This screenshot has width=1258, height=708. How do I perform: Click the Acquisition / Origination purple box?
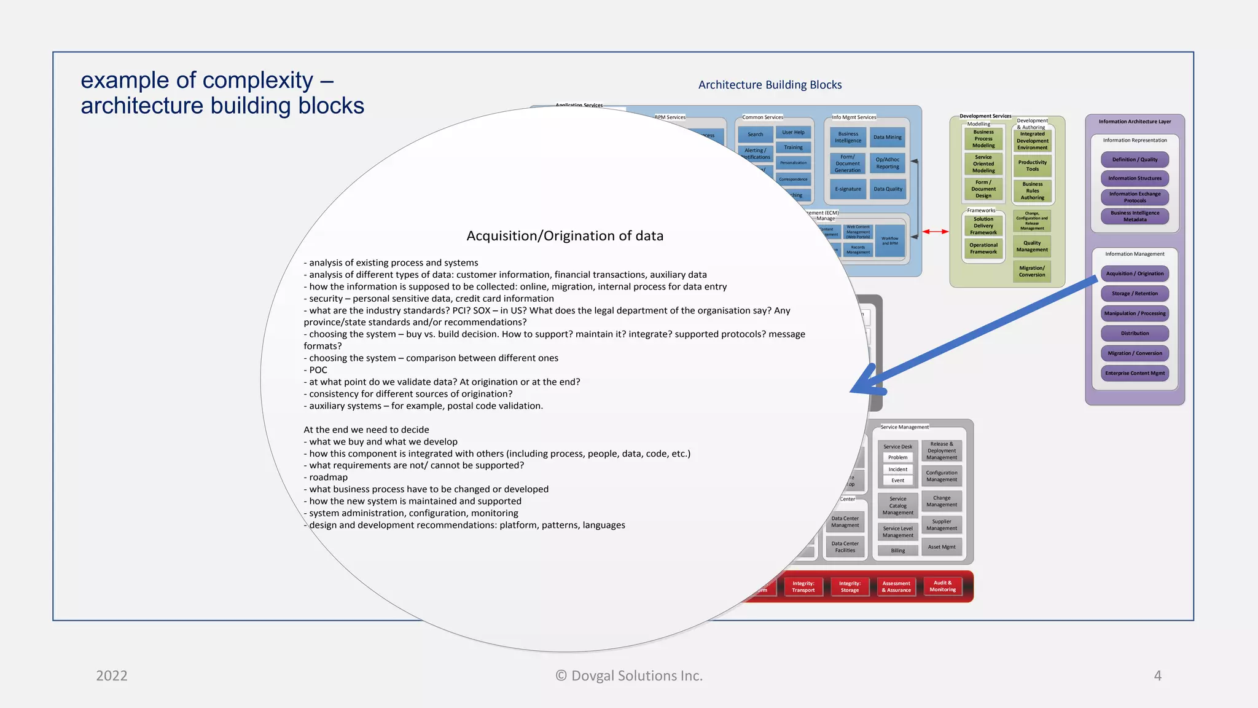(x=1135, y=273)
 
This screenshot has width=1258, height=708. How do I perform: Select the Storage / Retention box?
(x=1135, y=293)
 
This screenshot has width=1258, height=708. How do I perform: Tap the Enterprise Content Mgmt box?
(x=1135, y=373)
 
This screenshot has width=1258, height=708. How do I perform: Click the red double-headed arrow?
(x=936, y=232)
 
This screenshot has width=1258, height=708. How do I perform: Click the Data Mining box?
(x=888, y=137)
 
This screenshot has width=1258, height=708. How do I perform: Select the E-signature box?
(x=848, y=189)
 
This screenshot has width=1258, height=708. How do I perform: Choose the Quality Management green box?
(x=1032, y=246)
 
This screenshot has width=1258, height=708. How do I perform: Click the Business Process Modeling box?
(x=983, y=139)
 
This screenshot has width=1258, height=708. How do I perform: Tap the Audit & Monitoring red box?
(x=942, y=586)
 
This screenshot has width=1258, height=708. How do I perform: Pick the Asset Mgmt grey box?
(x=941, y=546)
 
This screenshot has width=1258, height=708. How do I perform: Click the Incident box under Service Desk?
(x=897, y=469)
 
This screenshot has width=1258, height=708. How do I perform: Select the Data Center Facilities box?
(x=845, y=546)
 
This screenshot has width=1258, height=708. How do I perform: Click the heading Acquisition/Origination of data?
(x=565, y=236)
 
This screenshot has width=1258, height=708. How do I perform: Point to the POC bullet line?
(x=318, y=370)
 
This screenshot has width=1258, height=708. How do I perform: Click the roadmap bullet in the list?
(x=328, y=478)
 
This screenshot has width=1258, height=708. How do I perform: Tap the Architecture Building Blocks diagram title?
(x=770, y=85)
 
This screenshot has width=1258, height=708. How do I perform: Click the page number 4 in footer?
(x=1157, y=675)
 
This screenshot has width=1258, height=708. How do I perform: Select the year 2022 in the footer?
(x=112, y=675)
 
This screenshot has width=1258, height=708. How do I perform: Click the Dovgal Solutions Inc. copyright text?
(x=629, y=675)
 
